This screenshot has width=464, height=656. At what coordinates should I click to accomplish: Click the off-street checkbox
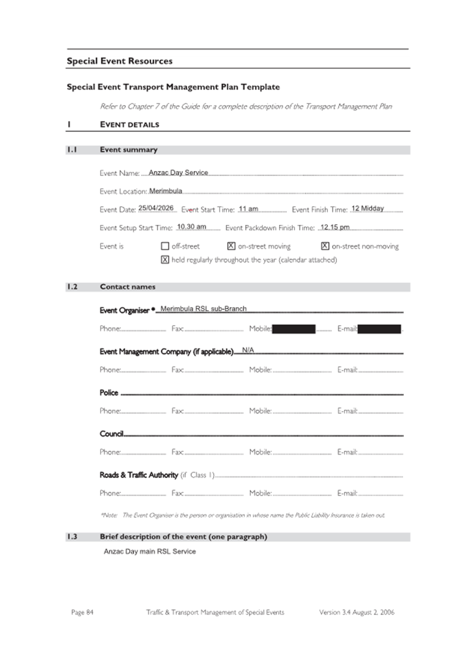(165, 246)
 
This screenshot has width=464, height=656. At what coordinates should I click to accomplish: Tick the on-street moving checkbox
(231, 246)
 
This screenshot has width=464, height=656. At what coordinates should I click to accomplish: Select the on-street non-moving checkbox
(325, 246)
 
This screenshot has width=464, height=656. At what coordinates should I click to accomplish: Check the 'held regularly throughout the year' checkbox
(165, 260)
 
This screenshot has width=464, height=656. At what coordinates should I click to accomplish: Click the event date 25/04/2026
(156, 208)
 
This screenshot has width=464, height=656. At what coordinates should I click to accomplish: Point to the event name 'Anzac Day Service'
(178, 173)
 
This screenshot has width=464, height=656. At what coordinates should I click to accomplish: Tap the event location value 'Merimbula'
(166, 190)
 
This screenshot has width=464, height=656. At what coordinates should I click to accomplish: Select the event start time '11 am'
(249, 208)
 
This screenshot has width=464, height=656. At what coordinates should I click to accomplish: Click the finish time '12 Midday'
(368, 208)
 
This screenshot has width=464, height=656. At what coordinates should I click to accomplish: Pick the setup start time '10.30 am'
(192, 226)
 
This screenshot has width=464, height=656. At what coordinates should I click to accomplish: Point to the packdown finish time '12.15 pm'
(335, 226)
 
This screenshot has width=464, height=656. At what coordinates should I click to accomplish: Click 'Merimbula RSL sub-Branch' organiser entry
(203, 309)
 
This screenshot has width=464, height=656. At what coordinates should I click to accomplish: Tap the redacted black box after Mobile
(294, 329)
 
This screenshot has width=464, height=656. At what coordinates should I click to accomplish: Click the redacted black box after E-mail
(379, 329)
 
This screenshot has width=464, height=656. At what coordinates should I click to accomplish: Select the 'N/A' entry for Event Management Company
(248, 350)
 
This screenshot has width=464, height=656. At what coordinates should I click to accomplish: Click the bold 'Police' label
(109, 393)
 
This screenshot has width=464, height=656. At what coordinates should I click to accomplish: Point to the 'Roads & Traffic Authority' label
(138, 475)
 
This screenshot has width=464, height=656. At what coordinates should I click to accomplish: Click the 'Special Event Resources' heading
(120, 61)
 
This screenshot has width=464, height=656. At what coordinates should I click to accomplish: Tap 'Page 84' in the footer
(82, 612)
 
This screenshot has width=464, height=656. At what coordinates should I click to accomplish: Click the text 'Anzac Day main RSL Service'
(150, 551)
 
